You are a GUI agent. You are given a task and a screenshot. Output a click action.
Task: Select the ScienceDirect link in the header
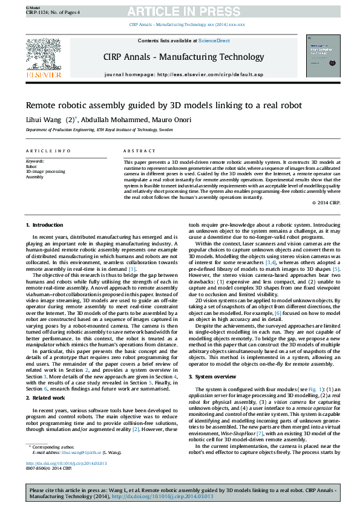[215, 41]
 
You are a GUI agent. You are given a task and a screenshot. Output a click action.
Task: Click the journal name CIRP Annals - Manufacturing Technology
[183, 56]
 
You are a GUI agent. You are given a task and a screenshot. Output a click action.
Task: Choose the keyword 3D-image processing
[45, 172]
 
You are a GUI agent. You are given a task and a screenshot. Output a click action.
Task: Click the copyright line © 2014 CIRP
[326, 203]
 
